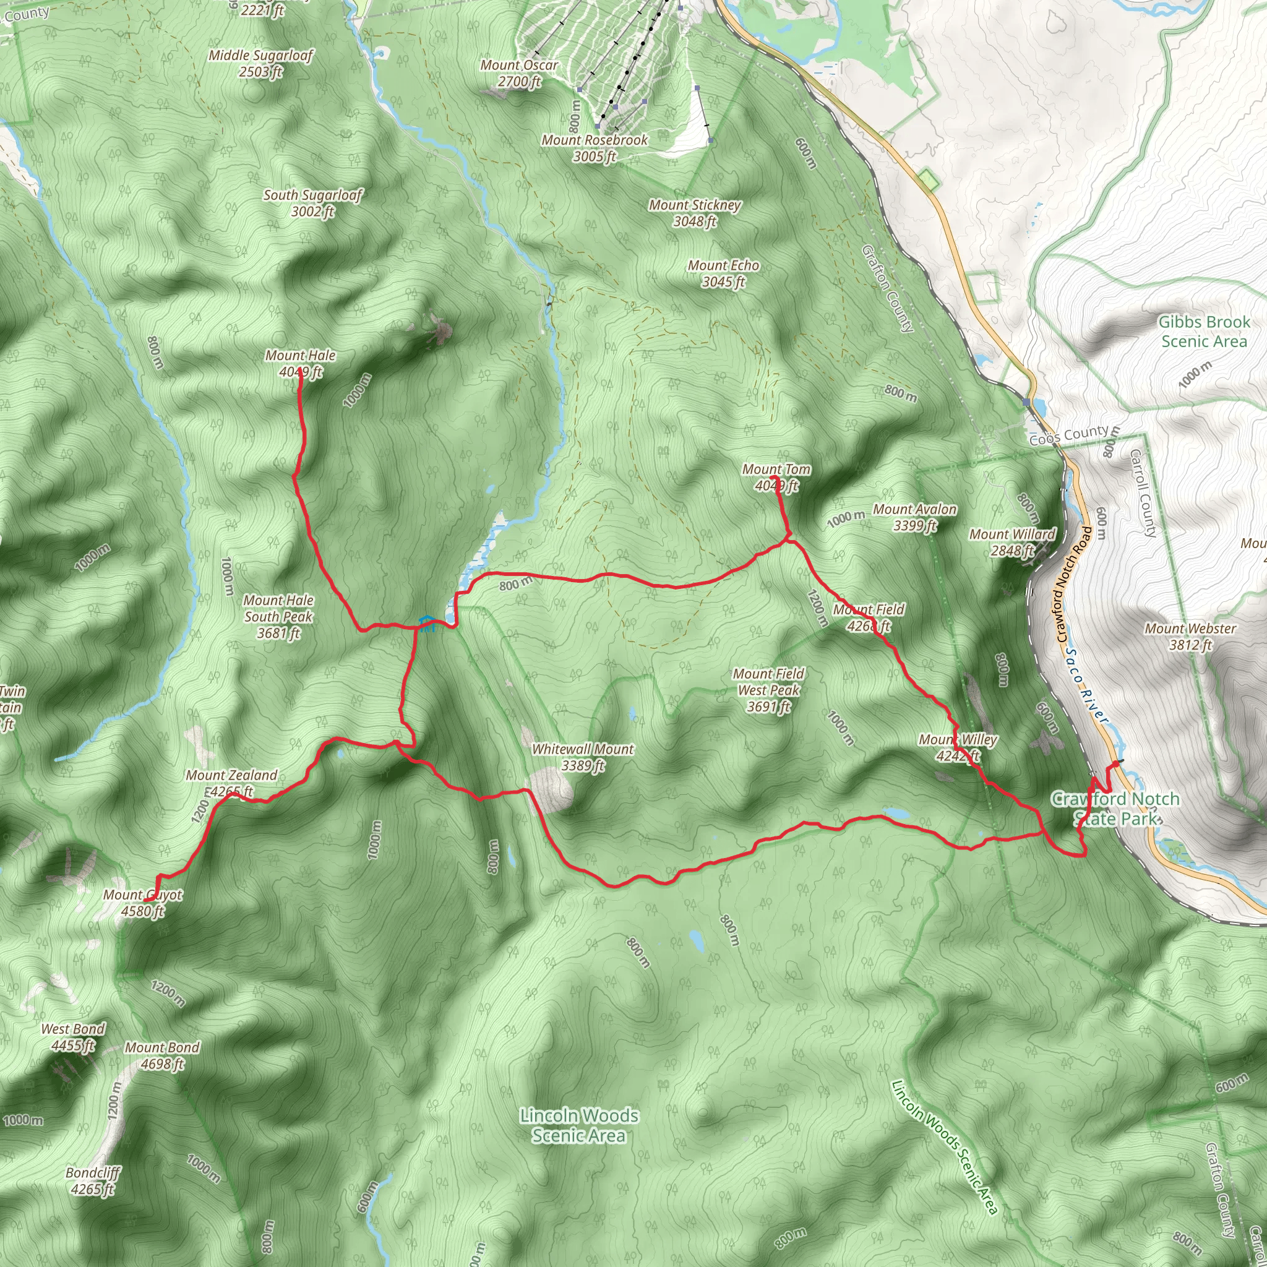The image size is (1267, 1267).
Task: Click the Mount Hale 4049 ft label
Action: click(x=299, y=363)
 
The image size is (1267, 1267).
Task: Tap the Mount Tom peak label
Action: click(x=776, y=478)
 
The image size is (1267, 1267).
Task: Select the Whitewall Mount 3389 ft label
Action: click(x=582, y=757)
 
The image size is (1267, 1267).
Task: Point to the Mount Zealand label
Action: click(x=231, y=783)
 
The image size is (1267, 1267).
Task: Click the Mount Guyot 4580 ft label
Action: click(x=142, y=903)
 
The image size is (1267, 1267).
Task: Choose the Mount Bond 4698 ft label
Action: click(x=162, y=1055)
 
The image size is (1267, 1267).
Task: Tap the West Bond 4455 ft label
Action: click(x=73, y=1037)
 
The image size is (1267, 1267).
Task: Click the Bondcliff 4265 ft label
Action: click(x=92, y=1180)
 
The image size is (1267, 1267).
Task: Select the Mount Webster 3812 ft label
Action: click(x=1190, y=636)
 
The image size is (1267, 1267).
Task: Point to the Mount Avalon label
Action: click(x=914, y=517)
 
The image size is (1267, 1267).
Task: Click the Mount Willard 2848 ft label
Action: click(x=1012, y=542)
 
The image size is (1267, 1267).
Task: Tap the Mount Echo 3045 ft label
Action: click(x=723, y=273)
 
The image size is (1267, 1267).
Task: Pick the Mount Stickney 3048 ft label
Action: click(x=695, y=212)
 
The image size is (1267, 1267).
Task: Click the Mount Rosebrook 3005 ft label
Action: click(x=594, y=148)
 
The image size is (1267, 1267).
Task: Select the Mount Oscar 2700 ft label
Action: click(x=518, y=73)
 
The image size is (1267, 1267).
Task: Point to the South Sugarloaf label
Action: click(x=313, y=203)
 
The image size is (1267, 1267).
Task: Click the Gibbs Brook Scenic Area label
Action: click(x=1203, y=331)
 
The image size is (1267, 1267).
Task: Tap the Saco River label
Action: click(x=1085, y=687)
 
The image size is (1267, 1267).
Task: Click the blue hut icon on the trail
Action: click(x=426, y=622)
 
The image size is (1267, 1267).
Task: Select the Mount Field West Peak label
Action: click(x=768, y=690)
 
